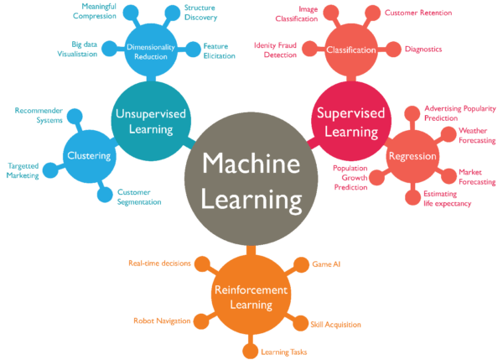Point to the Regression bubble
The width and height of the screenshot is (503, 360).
pos(412,156)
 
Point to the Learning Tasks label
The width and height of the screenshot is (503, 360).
pos(283,351)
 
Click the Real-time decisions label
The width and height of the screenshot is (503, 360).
pos(155,262)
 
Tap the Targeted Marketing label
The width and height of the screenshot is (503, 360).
pos(23,170)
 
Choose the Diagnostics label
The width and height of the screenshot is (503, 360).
pos(424,49)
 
